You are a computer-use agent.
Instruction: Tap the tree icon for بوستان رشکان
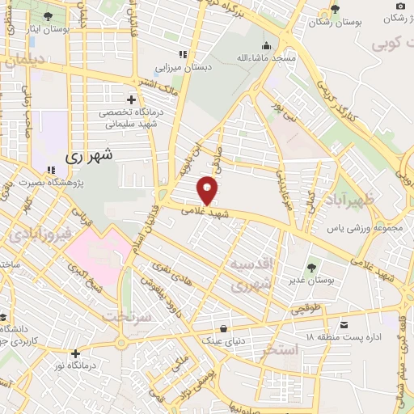pyautogui.click(x=335, y=9)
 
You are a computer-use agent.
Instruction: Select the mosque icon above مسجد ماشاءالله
pyautogui.click(x=266, y=44)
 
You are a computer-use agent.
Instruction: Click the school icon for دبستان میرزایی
pyautogui.click(x=183, y=54)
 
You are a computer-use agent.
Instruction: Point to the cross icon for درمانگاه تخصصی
pyautogui.click(x=119, y=99)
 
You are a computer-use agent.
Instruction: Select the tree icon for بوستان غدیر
pyautogui.click(x=310, y=264)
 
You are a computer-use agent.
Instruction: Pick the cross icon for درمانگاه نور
pyautogui.click(x=75, y=353)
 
